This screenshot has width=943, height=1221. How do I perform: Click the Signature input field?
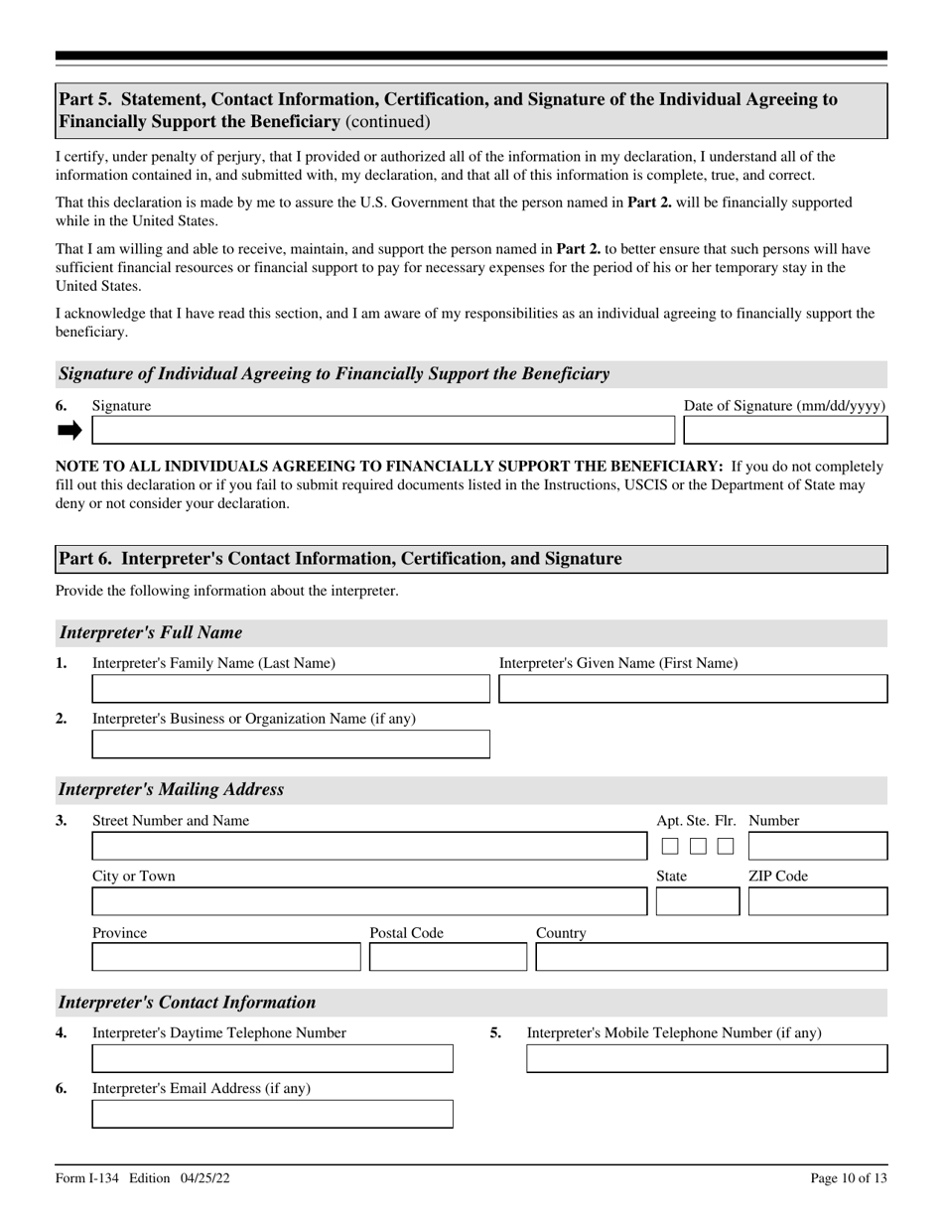point(382,430)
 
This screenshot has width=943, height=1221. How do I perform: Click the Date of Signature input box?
point(785,430)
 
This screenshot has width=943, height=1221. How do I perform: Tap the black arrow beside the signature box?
point(69,430)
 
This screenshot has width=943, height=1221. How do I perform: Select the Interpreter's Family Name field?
point(291,689)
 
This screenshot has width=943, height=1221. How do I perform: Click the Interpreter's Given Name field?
point(693,689)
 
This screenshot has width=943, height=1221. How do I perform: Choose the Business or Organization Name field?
point(291,745)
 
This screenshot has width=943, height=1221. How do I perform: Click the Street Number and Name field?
point(368,846)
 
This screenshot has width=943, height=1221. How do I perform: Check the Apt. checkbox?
point(670,846)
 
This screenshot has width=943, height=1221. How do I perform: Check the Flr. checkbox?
point(726,846)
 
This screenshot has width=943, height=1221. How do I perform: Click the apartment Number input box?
point(818,846)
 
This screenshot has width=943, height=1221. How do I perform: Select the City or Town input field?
point(368,901)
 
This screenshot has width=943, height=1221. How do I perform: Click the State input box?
point(698,901)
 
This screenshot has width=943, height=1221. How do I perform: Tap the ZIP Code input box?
point(818,901)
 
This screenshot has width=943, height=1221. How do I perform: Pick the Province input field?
point(226,957)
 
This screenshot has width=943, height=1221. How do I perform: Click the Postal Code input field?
point(448,957)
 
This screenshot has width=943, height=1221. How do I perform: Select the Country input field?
point(712,957)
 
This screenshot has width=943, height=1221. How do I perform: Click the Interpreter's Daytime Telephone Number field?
point(272,1059)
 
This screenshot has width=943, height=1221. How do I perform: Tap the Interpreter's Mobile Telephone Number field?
point(707,1059)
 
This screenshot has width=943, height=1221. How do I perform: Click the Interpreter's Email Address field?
point(272,1114)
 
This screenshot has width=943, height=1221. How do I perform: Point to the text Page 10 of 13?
point(849,1178)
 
